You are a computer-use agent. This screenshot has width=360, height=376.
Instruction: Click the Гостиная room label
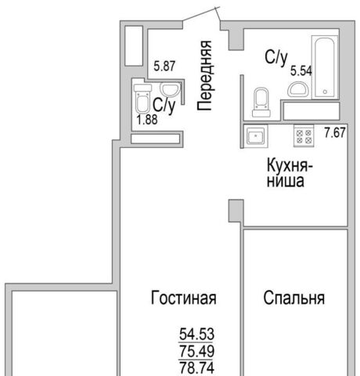pyautogui.click(x=184, y=298)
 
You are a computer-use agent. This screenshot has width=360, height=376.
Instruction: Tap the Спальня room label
pyautogui.click(x=294, y=298)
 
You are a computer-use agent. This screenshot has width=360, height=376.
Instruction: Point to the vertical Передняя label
pyautogui.click(x=204, y=76)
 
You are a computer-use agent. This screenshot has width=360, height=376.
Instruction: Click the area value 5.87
pyautogui.click(x=164, y=66)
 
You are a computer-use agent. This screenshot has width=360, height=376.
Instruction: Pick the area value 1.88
pyautogui.click(x=147, y=120)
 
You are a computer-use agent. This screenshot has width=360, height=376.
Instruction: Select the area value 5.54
pyautogui.click(x=301, y=70)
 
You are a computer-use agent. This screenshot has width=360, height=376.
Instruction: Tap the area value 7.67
pyautogui.click(x=335, y=132)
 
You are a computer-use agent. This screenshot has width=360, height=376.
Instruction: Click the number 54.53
pyautogui.click(x=196, y=334)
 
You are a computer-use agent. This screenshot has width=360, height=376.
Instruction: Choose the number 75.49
pyautogui.click(x=196, y=351)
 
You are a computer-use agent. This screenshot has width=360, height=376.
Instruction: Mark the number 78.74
pyautogui.click(x=196, y=368)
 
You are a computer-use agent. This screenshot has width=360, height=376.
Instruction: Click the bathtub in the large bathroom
pyautogui.click(x=325, y=67)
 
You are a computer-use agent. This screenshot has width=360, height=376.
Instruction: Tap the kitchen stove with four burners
pyautogui.click(x=304, y=136)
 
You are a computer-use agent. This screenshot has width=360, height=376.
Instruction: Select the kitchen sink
pyautogui.click(x=256, y=136)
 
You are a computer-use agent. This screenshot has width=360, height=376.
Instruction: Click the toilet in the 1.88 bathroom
pyautogui.click(x=142, y=99)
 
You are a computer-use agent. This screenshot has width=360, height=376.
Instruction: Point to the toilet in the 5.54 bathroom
pyautogui.click(x=261, y=103)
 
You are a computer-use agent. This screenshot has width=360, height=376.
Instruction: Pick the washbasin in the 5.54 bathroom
pyautogui.click(x=298, y=90)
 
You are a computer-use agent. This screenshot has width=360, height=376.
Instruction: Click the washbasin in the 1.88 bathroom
pyautogui.click(x=170, y=89)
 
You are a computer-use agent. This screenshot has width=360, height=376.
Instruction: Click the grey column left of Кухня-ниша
pyautogui.click(x=236, y=211)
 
